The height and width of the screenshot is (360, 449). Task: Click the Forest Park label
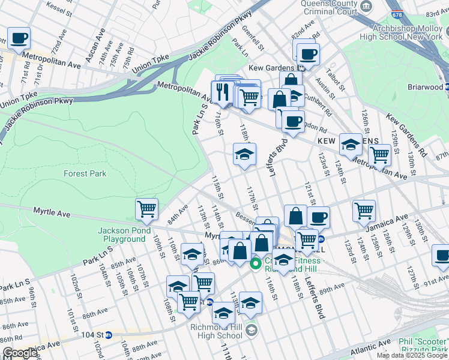pyautogui.click(x=85, y=173)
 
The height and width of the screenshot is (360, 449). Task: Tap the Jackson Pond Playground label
pyautogui.click(x=124, y=235)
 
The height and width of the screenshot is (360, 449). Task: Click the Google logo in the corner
pyautogui.click(x=19, y=353)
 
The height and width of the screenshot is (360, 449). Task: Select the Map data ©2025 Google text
pyautogui.click(x=412, y=355)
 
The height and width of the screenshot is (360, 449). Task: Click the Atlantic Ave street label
pyautogui.click(x=357, y=346)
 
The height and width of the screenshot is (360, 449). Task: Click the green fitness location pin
pyautogui.click(x=256, y=263)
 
